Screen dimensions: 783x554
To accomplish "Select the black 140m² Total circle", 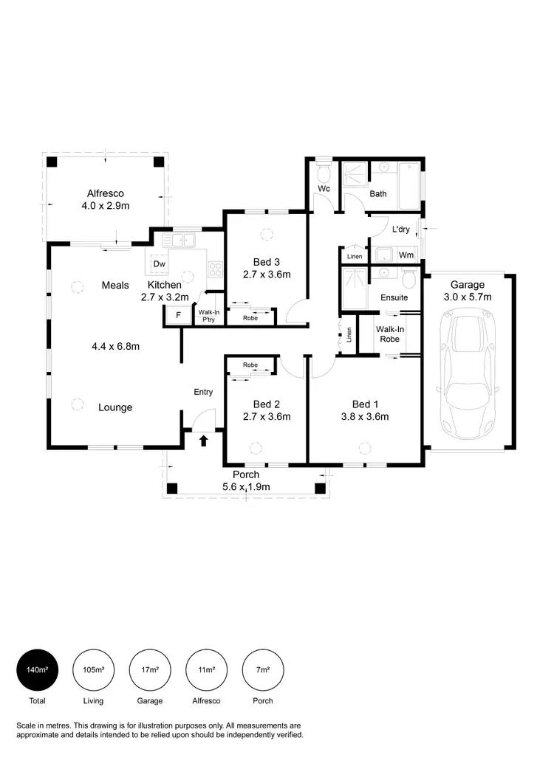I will point(37,670).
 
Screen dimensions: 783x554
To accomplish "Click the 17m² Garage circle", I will point(150,670).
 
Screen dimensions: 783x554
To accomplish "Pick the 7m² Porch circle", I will point(263,670).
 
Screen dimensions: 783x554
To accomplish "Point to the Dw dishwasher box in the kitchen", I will point(158,264).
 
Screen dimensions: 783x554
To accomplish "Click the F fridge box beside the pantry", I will point(177,316).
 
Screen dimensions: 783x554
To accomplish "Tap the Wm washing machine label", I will point(405,255).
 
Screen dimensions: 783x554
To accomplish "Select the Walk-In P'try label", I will point(208,316).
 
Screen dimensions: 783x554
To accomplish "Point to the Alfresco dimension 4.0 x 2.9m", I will point(106,206).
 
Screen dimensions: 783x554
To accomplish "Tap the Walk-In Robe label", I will point(389,334).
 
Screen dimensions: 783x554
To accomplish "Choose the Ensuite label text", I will point(394,297).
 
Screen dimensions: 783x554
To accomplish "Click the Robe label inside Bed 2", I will point(250,365).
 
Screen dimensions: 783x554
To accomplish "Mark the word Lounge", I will point(115,407).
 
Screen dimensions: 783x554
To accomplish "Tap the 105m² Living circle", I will point(93,670).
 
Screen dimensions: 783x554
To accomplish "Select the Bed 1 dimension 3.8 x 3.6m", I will point(365,416).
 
